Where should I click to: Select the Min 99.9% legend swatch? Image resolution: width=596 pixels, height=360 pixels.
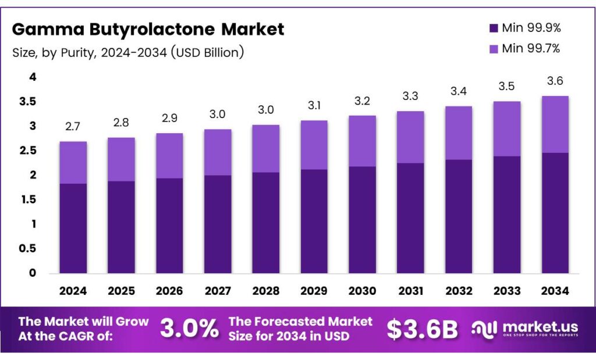pos(494,28)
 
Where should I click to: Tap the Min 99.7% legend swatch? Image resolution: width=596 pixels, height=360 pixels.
pos(494,49)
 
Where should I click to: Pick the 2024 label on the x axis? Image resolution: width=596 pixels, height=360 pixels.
pos(73,290)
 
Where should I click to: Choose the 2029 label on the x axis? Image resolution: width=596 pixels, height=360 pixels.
pos(314,290)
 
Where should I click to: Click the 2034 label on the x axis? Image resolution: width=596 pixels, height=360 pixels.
pos(555,290)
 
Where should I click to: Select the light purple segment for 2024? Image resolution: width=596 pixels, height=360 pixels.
pos(73,162)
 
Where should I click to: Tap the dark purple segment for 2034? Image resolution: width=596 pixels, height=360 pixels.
pos(555,213)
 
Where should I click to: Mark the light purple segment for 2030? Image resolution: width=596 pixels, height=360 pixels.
pos(362,141)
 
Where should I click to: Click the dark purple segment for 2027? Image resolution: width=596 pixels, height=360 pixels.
pos(217,224)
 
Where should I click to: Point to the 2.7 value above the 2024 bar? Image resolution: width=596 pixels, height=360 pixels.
pos(73,126)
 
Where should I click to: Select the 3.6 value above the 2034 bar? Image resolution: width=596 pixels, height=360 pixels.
pos(555,81)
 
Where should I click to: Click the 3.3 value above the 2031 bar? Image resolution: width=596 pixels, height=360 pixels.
pos(410,96)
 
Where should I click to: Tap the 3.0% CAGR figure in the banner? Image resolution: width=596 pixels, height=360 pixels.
pos(189,329)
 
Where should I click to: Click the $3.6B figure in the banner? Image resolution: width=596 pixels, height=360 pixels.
pos(422,329)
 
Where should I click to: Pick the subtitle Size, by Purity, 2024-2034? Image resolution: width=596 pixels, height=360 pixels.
pos(128,52)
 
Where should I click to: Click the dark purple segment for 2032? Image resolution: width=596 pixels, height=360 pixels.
pos(458,216)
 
